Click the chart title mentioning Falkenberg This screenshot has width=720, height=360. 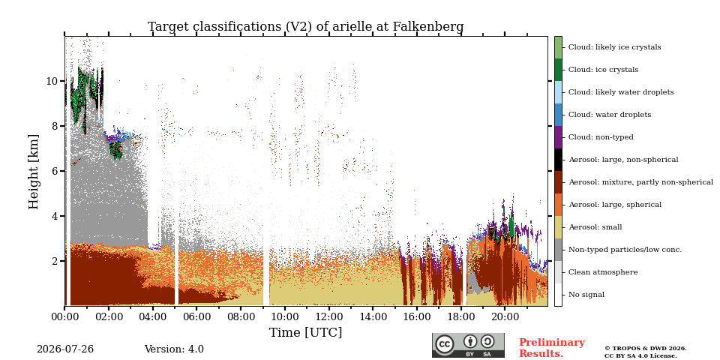tap(305, 27)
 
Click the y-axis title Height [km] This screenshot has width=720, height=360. tap(34, 172)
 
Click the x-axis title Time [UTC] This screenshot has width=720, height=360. tap(305, 332)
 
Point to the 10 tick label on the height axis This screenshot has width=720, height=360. tap(52, 81)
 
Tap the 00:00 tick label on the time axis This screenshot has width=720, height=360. tap(64, 316)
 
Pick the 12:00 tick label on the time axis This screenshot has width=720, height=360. tap(328, 316)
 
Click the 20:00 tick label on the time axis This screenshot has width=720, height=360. tap(505, 316)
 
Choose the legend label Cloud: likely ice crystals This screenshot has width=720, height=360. tap(615, 47)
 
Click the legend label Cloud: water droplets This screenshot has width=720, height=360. tap(610, 115)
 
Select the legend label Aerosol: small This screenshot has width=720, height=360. tap(595, 227)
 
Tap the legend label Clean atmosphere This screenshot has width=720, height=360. tap(603, 272)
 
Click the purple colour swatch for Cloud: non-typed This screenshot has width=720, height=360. tap(558, 137)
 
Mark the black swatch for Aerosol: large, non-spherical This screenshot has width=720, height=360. tap(558, 160)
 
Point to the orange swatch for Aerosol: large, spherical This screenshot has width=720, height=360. tap(558, 205)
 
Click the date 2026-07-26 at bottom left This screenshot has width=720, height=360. tap(65, 349)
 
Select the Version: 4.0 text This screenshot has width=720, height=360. tap(174, 349)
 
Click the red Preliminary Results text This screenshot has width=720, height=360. tap(552, 348)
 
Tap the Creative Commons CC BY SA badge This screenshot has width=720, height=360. tap(468, 345)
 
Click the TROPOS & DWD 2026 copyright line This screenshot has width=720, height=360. tap(646, 349)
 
